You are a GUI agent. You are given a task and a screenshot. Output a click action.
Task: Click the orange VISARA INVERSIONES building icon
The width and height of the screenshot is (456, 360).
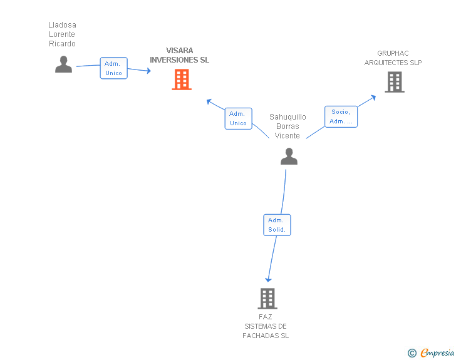pos(182,80)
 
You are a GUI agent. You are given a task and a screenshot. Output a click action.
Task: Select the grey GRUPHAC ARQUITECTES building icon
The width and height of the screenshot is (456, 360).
pos(394,82)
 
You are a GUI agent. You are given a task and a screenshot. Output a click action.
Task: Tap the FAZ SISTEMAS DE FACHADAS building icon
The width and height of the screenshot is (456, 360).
pos(267,299)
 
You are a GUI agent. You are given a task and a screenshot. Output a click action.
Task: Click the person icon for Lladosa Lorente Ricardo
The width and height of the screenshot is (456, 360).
pos(63,64)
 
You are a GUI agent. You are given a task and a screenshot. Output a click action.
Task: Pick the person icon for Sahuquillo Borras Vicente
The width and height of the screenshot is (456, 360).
pos(289,157)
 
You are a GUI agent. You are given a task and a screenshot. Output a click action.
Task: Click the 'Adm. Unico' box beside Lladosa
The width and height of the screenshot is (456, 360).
pos(113,68)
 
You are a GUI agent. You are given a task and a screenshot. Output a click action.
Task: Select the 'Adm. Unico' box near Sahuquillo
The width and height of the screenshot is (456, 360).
pos(238,118)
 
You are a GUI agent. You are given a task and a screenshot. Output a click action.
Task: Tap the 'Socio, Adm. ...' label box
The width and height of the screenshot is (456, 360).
pos(341,116)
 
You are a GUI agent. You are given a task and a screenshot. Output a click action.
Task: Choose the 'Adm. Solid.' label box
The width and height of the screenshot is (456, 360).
pos(276,225)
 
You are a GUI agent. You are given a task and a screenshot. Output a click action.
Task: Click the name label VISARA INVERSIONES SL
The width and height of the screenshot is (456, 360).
pos(179,55)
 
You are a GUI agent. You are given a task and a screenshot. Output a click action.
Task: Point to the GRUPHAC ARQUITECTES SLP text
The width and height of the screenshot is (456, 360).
pos(393,58)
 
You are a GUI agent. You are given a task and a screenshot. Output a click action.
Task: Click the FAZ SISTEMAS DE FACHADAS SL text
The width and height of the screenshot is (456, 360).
pos(266,326)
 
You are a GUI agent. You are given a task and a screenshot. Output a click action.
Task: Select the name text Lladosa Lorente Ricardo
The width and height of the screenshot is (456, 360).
pos(62,34)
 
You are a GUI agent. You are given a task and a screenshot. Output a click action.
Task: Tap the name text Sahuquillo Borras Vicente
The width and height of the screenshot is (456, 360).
pos(288,126)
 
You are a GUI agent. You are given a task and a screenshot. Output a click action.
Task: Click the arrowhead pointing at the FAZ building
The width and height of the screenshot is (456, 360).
pos(268,279)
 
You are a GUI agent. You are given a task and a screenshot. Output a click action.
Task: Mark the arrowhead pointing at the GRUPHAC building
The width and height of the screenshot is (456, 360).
pos(373,96)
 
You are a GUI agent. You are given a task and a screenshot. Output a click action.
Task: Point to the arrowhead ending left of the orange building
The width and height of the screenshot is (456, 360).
pos(148,71)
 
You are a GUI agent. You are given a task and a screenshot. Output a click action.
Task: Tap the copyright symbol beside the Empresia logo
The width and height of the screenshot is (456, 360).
pos(412,353)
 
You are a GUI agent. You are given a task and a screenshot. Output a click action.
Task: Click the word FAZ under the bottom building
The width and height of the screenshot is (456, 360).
pos(266,317)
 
